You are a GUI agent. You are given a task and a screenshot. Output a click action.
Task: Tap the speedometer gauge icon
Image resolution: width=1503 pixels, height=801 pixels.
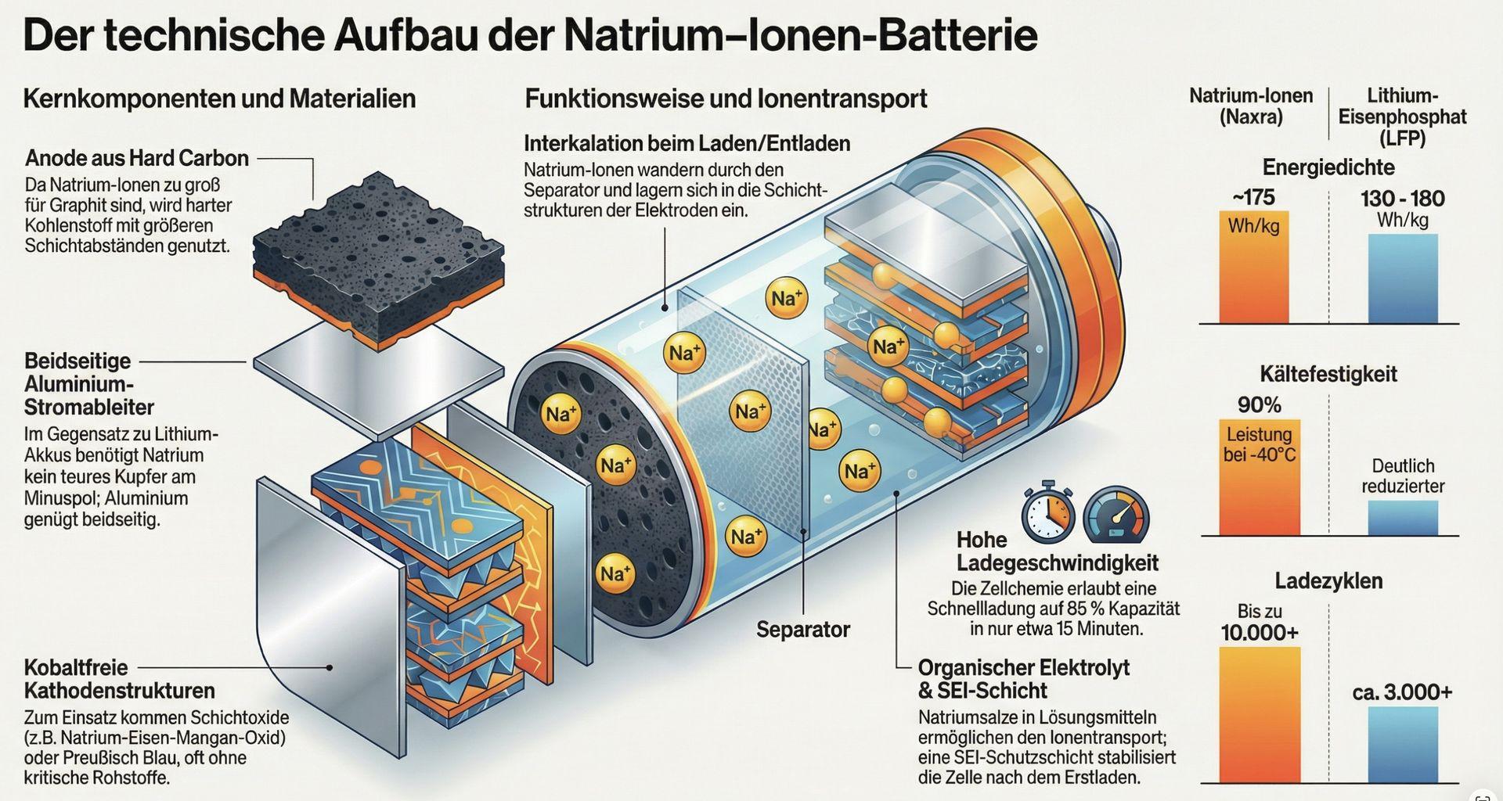pyautogui.click(x=1116, y=515)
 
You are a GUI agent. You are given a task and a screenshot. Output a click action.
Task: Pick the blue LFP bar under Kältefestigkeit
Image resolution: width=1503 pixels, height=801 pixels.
pyautogui.click(x=1402, y=518)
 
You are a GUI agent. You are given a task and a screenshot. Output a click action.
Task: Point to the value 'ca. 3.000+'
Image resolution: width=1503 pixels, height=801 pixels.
pyautogui.click(x=1401, y=692)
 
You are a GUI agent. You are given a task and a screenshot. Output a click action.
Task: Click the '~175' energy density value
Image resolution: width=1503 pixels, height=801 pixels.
pyautogui.click(x=1253, y=197)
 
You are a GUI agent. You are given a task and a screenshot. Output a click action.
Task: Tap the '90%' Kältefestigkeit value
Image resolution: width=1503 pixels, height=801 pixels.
pyautogui.click(x=1259, y=405)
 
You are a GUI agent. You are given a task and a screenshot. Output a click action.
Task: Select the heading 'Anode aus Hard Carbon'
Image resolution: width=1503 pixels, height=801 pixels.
pyautogui.click(x=137, y=158)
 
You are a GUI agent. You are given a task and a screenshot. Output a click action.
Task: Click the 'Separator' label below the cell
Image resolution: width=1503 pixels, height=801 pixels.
pyautogui.click(x=802, y=630)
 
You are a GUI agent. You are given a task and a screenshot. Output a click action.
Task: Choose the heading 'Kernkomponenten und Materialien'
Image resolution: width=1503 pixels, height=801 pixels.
pyautogui.click(x=219, y=99)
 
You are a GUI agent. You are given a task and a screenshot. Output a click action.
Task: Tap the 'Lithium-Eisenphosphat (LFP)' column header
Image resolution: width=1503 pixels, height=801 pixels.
pyautogui.click(x=1401, y=117)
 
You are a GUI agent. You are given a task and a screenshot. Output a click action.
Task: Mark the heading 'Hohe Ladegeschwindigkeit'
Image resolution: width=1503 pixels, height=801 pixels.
pyautogui.click(x=1057, y=551)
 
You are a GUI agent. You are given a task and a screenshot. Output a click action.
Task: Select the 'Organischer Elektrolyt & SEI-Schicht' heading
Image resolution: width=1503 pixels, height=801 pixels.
pyautogui.click(x=1023, y=679)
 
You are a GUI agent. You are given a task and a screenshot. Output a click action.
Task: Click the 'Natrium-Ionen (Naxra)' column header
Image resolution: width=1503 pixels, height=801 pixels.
pyautogui.click(x=1250, y=106)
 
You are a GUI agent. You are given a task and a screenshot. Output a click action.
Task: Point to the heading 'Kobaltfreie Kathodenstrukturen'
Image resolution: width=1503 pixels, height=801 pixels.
pyautogui.click(x=119, y=679)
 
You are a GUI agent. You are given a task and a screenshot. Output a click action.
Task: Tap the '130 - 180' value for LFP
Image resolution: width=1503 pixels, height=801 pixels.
pyautogui.click(x=1402, y=199)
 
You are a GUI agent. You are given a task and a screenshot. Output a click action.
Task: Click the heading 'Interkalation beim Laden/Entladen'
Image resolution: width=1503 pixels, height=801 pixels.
pyautogui.click(x=687, y=144)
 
